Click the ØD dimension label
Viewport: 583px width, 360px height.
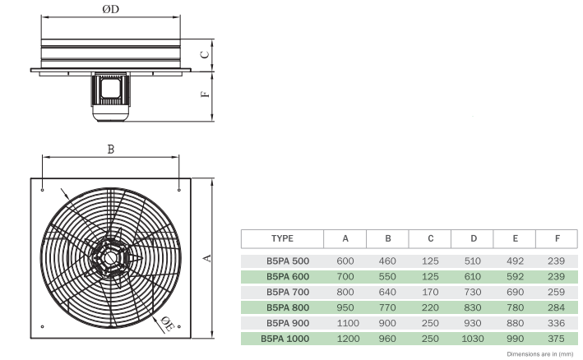tap(111, 9)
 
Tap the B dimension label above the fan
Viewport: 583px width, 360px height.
tap(110, 149)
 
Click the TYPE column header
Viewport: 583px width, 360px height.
tap(282, 238)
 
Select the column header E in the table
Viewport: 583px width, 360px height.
tap(515, 238)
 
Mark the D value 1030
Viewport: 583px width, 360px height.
tap(473, 338)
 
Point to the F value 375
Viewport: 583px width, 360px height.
tap(558, 338)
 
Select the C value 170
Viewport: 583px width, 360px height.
tap(430, 291)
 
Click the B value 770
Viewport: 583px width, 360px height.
tap(387, 307)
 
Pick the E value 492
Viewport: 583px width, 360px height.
tap(515, 261)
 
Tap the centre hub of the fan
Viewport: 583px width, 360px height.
tap(109, 256)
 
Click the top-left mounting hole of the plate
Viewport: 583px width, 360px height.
tap(42, 190)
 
